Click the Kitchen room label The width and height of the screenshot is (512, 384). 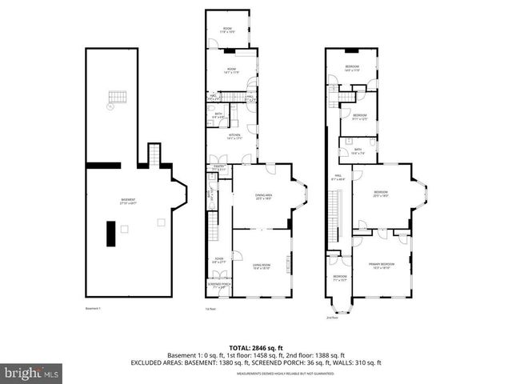[234, 137]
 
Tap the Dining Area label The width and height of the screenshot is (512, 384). [263, 195]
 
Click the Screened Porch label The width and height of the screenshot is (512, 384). [219, 286]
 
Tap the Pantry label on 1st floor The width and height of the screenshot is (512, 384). [219, 169]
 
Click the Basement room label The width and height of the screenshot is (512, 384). [128, 202]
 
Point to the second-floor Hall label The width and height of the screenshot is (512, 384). [338, 178]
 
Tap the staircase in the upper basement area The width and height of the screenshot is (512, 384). [118, 98]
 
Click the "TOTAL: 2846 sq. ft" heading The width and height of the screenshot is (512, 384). [255, 346]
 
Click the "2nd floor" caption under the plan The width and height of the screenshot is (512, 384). [331, 318]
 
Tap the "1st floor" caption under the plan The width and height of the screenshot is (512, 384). [211, 309]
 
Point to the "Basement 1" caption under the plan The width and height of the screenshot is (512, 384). [94, 309]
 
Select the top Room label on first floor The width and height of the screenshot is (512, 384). [227, 30]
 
